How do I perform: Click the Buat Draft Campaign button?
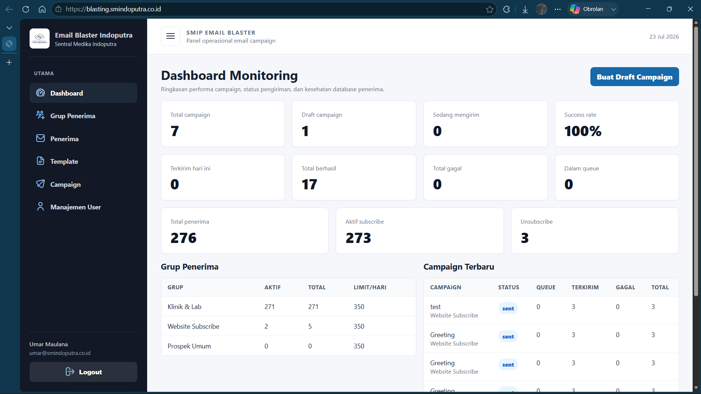(x=635, y=77)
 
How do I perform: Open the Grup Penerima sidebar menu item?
(x=83, y=116)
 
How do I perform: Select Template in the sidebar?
(x=83, y=161)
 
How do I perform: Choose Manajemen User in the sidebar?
(x=83, y=207)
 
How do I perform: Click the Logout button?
(x=83, y=372)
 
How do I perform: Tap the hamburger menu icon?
(x=171, y=36)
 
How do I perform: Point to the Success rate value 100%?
(x=583, y=131)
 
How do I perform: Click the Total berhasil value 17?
(x=309, y=184)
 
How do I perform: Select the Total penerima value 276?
(x=183, y=238)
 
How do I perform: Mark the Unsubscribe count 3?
(x=525, y=238)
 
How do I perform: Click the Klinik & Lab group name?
(x=184, y=306)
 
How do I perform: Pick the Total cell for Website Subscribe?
(x=310, y=326)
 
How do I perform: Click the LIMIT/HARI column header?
(x=370, y=287)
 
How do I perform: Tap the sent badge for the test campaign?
(x=508, y=308)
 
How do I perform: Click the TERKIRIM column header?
(x=585, y=287)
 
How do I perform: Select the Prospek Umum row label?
(x=189, y=346)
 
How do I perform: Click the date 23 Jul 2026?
(x=664, y=36)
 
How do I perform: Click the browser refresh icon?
(x=26, y=9)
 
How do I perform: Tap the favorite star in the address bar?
(x=490, y=9)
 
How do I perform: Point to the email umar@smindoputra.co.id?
(x=60, y=353)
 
